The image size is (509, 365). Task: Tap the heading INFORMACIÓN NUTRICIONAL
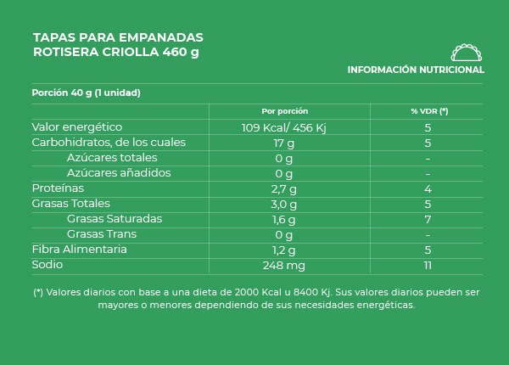[x=416, y=70]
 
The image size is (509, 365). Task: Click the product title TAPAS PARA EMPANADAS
[x=118, y=37]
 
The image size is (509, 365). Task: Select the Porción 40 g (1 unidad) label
[x=86, y=93]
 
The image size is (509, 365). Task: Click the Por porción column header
[x=284, y=111]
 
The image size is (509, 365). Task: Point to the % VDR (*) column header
[x=428, y=111]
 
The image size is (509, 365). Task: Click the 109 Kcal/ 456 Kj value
[x=284, y=127]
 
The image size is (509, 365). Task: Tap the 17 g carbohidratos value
[x=284, y=143]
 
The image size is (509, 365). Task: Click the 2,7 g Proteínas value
[x=284, y=188]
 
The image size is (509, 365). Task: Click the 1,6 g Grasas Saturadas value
[x=284, y=219]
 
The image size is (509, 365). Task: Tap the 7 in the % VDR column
[x=428, y=219]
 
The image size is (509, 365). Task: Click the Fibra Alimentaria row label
[x=79, y=250]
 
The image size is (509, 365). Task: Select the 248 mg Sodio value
[x=284, y=265]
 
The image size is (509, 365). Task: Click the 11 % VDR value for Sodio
[x=428, y=265]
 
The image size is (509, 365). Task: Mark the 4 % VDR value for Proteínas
[x=428, y=188]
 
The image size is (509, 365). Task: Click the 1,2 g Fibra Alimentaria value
[x=284, y=250]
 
